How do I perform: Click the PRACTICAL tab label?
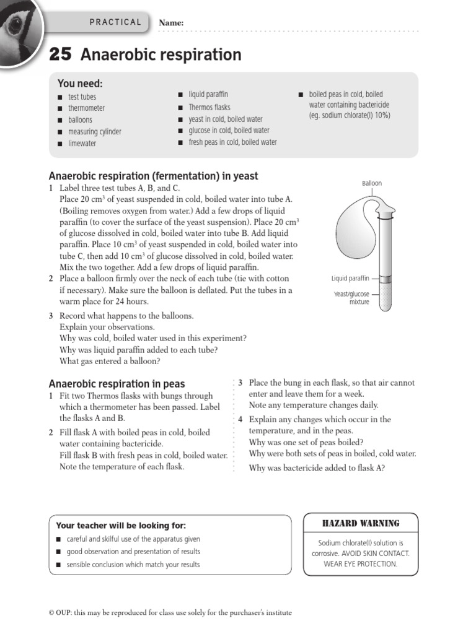(x=115, y=22)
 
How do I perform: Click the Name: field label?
(x=171, y=23)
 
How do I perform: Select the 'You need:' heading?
(x=80, y=84)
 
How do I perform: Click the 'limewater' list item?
(x=82, y=144)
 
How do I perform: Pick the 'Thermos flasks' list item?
(x=209, y=107)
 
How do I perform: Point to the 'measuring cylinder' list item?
(x=94, y=132)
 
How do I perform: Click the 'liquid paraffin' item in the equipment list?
(x=208, y=95)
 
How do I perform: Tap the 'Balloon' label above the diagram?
(x=372, y=183)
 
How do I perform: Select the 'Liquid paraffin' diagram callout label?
(x=350, y=279)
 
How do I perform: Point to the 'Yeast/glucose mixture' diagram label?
(x=351, y=298)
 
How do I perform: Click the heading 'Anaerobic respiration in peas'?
(x=117, y=384)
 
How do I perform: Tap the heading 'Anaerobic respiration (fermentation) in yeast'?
(x=153, y=176)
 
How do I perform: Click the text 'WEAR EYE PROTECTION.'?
(x=359, y=563)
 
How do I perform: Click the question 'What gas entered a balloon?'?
(x=110, y=361)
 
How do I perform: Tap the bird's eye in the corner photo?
(x=14, y=25)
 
